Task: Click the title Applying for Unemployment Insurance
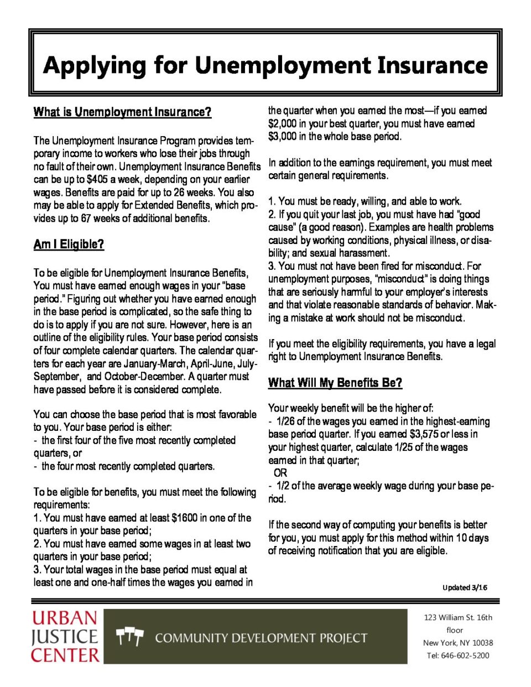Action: tap(265, 65)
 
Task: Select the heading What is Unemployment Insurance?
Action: tap(122, 112)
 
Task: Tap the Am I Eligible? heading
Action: tap(69, 244)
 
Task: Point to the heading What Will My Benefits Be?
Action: tap(335, 383)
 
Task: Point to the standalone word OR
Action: tap(280, 473)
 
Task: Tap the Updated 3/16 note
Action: tap(465, 587)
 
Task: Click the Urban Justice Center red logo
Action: tap(65, 636)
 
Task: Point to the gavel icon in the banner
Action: tap(129, 637)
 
